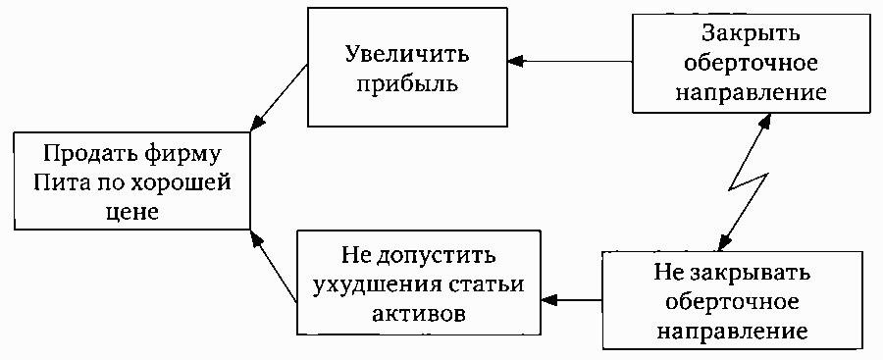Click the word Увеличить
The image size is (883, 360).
pyautogui.click(x=406, y=55)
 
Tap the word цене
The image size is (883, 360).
pyautogui.click(x=131, y=211)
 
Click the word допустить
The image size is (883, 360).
pyautogui.click(x=435, y=257)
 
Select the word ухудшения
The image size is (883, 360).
pyautogui.click(x=372, y=284)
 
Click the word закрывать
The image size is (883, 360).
pyautogui.click(x=754, y=275)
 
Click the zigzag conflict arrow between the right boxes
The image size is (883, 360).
pyautogui.click(x=746, y=184)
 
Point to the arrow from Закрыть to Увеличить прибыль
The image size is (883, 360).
pyautogui.click(x=569, y=60)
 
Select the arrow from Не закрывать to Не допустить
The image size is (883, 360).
pyautogui.click(x=571, y=299)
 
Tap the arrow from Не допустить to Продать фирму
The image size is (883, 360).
pyautogui.click(x=274, y=265)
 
